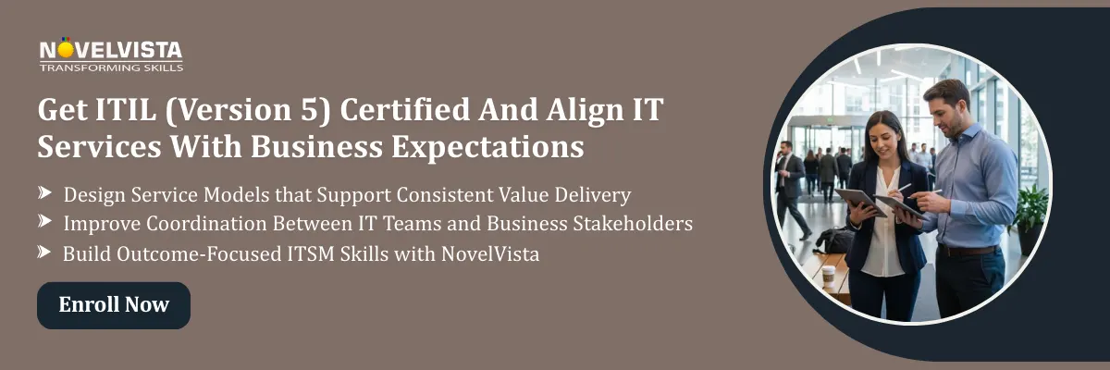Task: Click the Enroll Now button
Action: (114, 305)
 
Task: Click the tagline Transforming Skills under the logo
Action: (111, 67)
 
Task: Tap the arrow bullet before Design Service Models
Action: (44, 193)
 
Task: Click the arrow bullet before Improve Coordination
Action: (44, 222)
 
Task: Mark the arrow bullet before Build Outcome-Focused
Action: (44, 252)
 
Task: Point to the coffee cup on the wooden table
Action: (829, 276)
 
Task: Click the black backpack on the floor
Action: (835, 240)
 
